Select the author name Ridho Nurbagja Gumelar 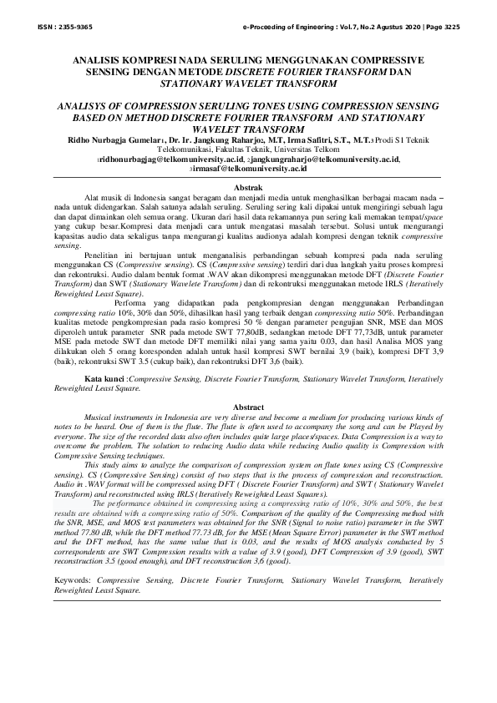pos(126,143)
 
